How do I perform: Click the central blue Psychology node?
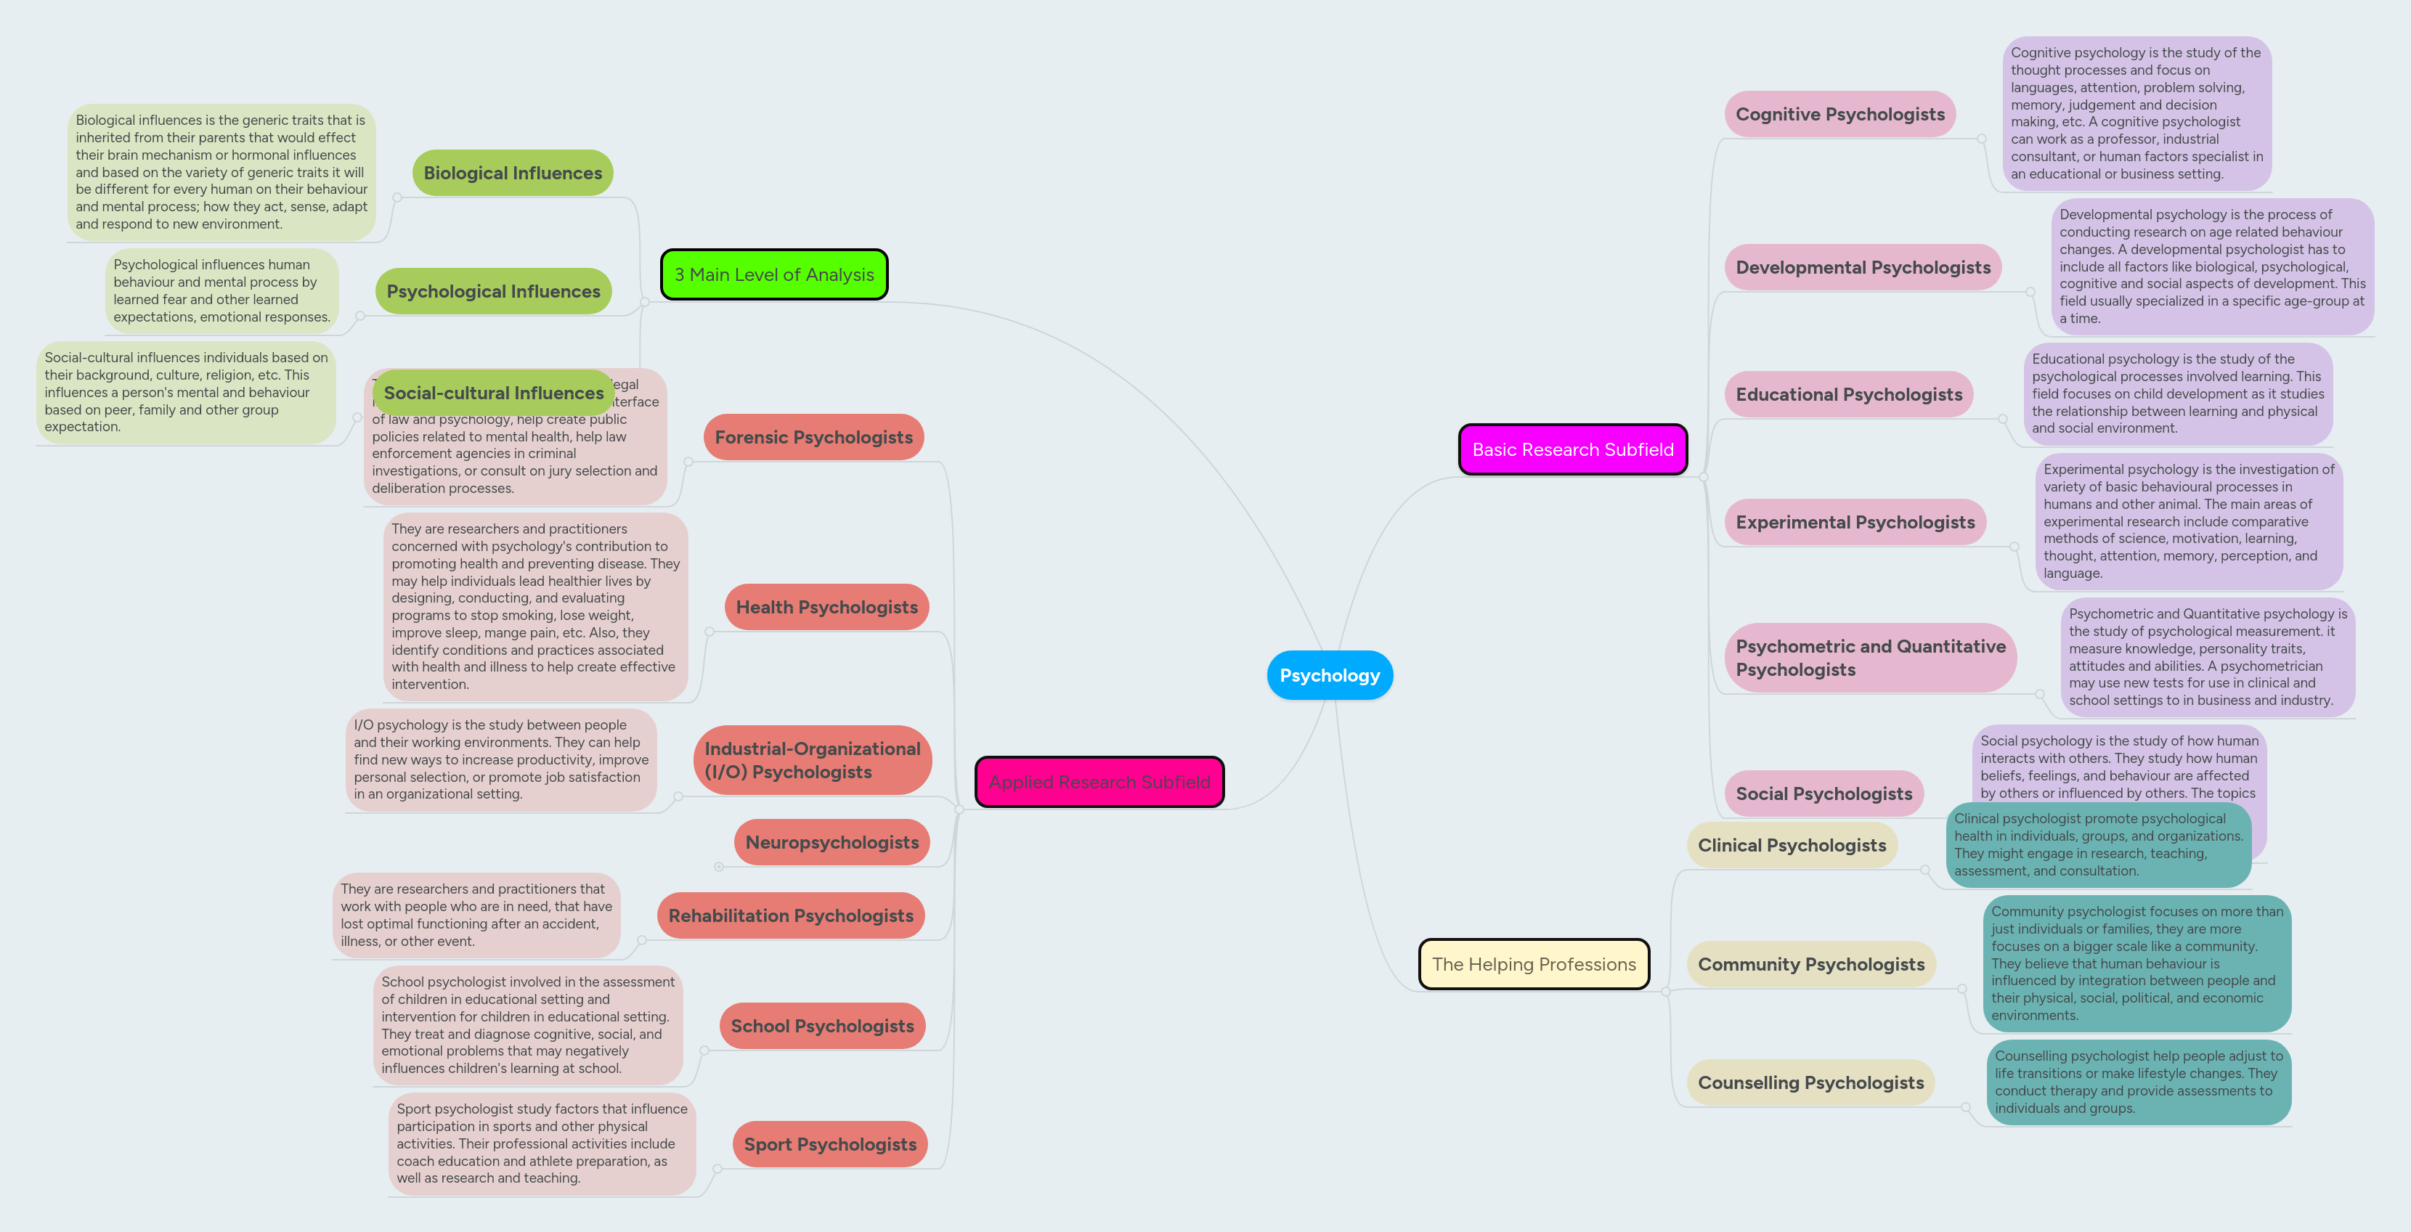[x=1329, y=675]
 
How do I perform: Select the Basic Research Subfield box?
[x=1572, y=450]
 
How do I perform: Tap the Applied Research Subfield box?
[x=1099, y=782]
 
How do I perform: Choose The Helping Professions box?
[x=1533, y=964]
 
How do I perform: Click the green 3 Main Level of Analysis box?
[x=773, y=275]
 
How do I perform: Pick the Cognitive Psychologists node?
[x=1839, y=114]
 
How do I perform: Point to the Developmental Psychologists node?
[x=1863, y=268]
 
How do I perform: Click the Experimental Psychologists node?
[x=1855, y=522]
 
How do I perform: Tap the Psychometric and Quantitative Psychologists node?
[x=1869, y=658]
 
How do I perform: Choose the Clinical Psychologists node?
[x=1792, y=846]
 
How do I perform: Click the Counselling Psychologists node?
[x=1810, y=1082]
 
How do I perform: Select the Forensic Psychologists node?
[x=813, y=438]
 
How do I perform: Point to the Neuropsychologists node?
[x=831, y=843]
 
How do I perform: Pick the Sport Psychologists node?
[x=829, y=1144]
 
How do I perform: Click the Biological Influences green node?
[x=512, y=173]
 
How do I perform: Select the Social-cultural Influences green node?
[x=493, y=393]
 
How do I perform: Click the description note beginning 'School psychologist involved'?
[x=527, y=1025]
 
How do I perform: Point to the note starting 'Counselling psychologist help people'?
[x=2138, y=1082]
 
